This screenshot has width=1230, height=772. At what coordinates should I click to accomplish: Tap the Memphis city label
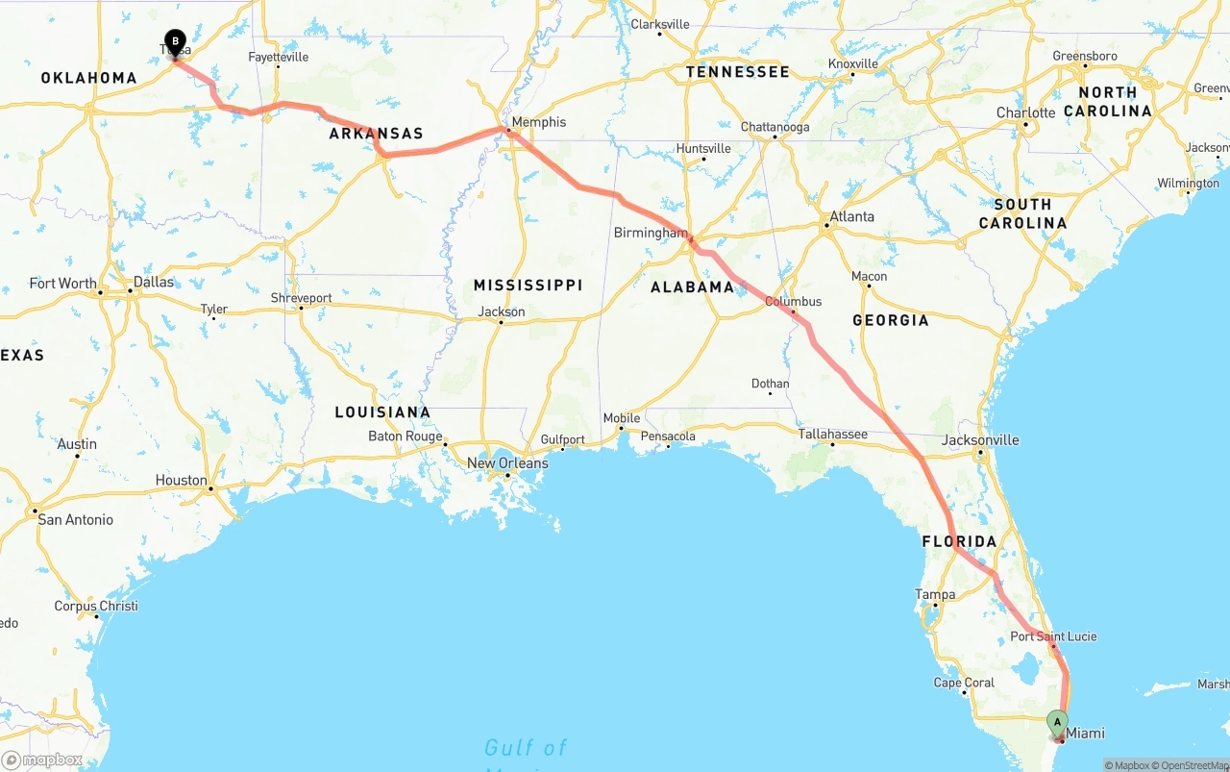click(539, 122)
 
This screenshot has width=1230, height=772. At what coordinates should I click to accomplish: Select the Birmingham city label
click(651, 233)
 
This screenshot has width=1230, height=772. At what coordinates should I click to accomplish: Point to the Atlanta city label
click(851, 216)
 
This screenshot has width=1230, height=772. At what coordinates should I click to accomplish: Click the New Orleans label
click(507, 463)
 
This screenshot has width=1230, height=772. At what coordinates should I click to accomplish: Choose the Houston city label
click(182, 481)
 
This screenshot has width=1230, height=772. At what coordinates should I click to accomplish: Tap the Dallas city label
click(154, 282)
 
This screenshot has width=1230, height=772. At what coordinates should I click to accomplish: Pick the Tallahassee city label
click(833, 434)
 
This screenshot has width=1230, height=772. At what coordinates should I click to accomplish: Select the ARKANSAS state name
click(376, 134)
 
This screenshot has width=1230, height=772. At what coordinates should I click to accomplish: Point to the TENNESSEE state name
click(737, 72)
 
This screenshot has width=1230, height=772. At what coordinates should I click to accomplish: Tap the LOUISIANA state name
click(382, 412)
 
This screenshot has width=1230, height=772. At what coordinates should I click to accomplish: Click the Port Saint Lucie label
click(1053, 636)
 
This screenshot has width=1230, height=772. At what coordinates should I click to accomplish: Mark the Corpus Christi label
click(96, 606)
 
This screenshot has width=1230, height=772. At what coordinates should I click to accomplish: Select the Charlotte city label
click(1025, 112)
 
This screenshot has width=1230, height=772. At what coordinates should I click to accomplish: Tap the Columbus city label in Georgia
click(793, 302)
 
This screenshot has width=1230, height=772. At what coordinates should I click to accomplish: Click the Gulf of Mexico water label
click(526, 748)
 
